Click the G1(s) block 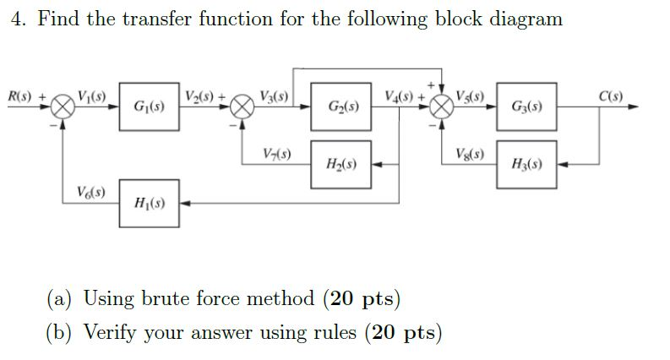tap(149, 106)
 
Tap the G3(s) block tap(526, 106)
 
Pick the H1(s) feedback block tap(149, 203)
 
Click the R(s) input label tap(23, 95)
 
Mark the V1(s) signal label tap(90, 95)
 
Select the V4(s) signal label tap(400, 95)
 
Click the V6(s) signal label tap(84, 191)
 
